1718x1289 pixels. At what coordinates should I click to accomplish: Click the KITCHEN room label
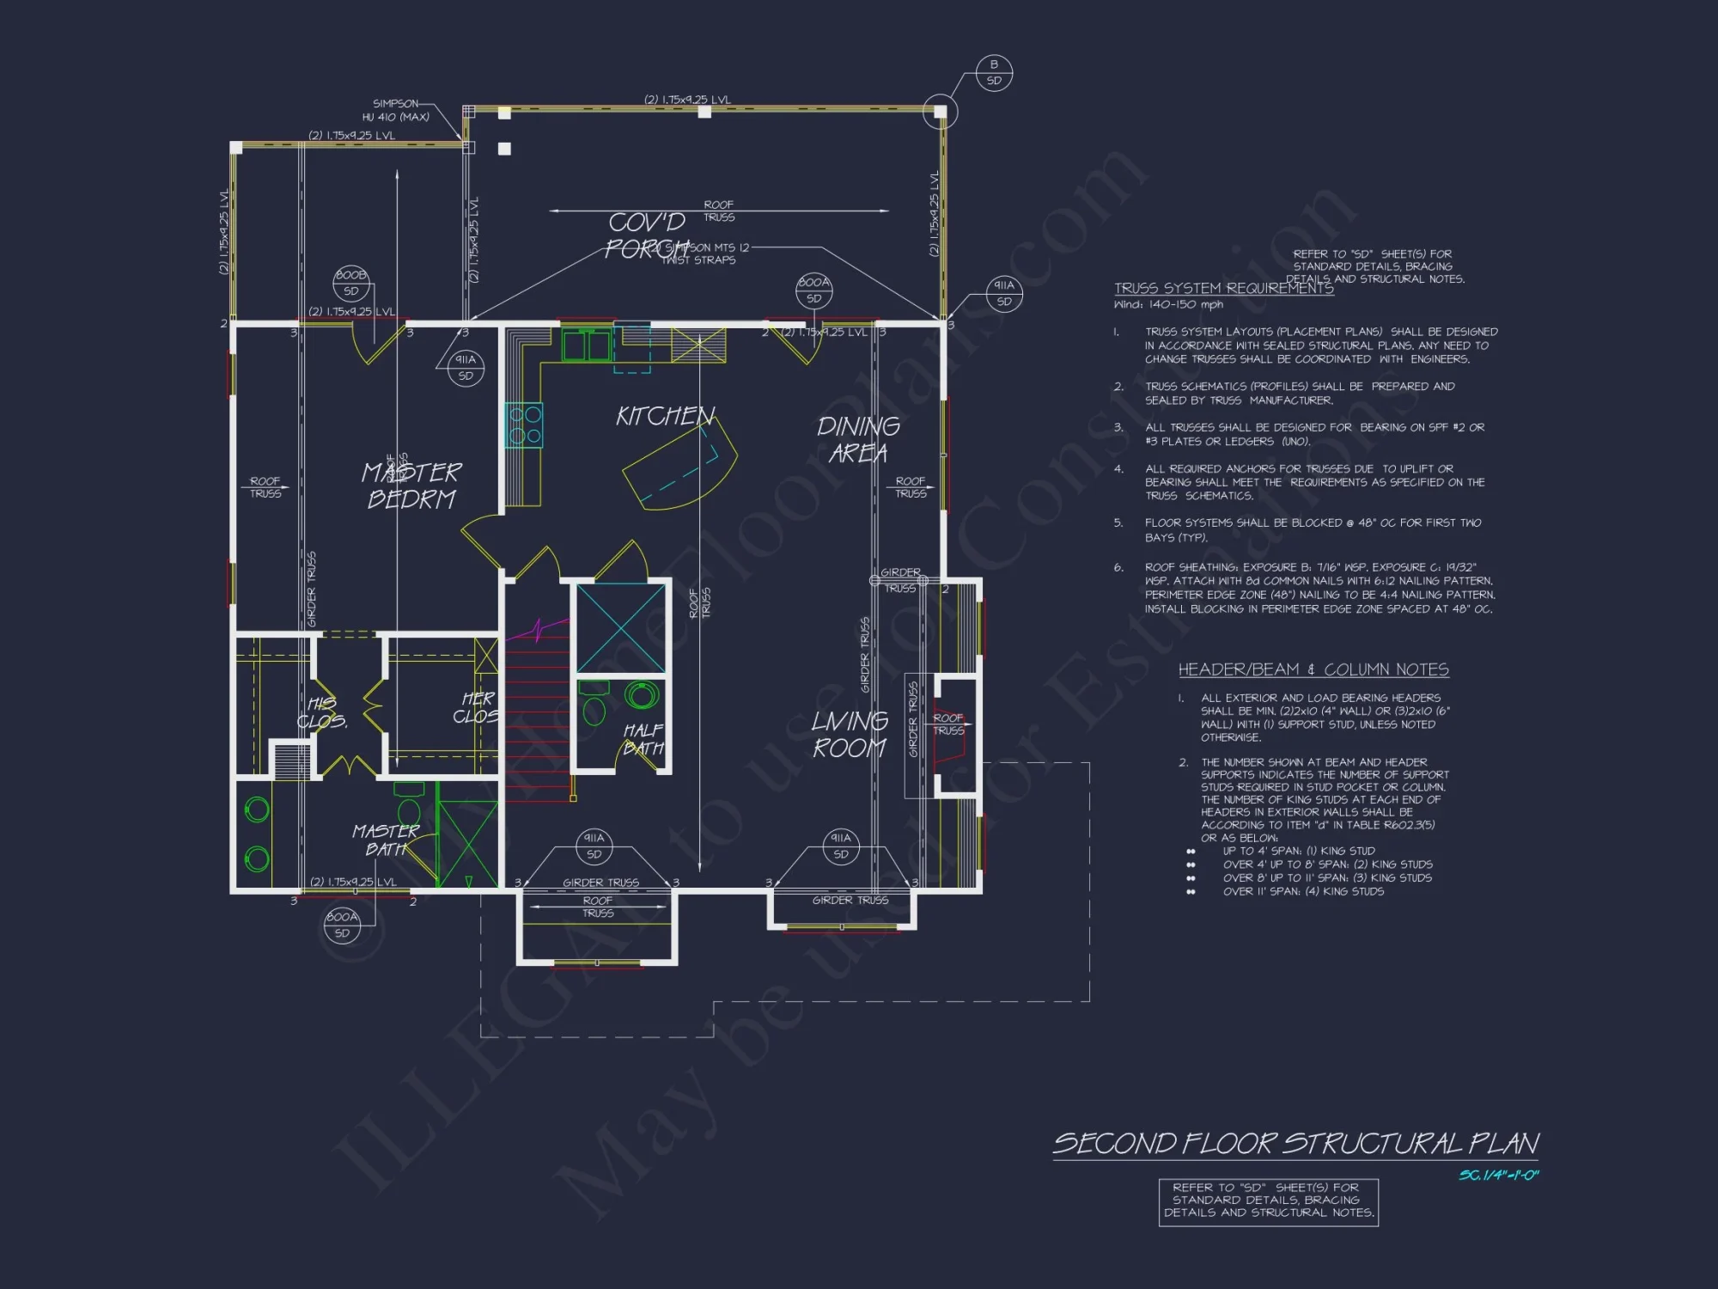point(665,417)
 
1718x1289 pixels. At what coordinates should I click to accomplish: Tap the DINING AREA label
point(858,439)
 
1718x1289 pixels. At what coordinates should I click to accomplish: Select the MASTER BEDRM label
point(411,486)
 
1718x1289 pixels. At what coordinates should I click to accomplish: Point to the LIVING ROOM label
point(850,735)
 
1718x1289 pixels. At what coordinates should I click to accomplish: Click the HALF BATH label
point(643,739)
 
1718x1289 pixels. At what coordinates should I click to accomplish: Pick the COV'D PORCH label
point(646,235)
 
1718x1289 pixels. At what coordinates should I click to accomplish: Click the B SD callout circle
point(994,72)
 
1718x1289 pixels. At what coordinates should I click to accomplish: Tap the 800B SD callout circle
point(350,283)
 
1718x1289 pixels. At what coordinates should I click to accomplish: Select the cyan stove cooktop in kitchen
point(524,425)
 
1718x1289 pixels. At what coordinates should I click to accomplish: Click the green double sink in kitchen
point(586,345)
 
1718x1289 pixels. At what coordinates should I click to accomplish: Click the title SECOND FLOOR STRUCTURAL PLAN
point(1295,1144)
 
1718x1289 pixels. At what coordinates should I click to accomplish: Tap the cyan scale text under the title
point(1498,1175)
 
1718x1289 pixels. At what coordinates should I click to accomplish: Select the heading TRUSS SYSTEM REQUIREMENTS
point(1223,289)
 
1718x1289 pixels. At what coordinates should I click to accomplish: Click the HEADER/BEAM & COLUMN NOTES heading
point(1313,669)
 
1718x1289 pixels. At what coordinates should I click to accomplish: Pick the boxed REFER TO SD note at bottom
point(1268,1200)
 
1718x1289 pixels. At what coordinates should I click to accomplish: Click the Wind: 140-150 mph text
point(1168,304)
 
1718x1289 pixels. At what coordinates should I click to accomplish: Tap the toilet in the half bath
point(594,706)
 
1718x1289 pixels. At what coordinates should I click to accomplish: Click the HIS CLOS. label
point(323,712)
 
